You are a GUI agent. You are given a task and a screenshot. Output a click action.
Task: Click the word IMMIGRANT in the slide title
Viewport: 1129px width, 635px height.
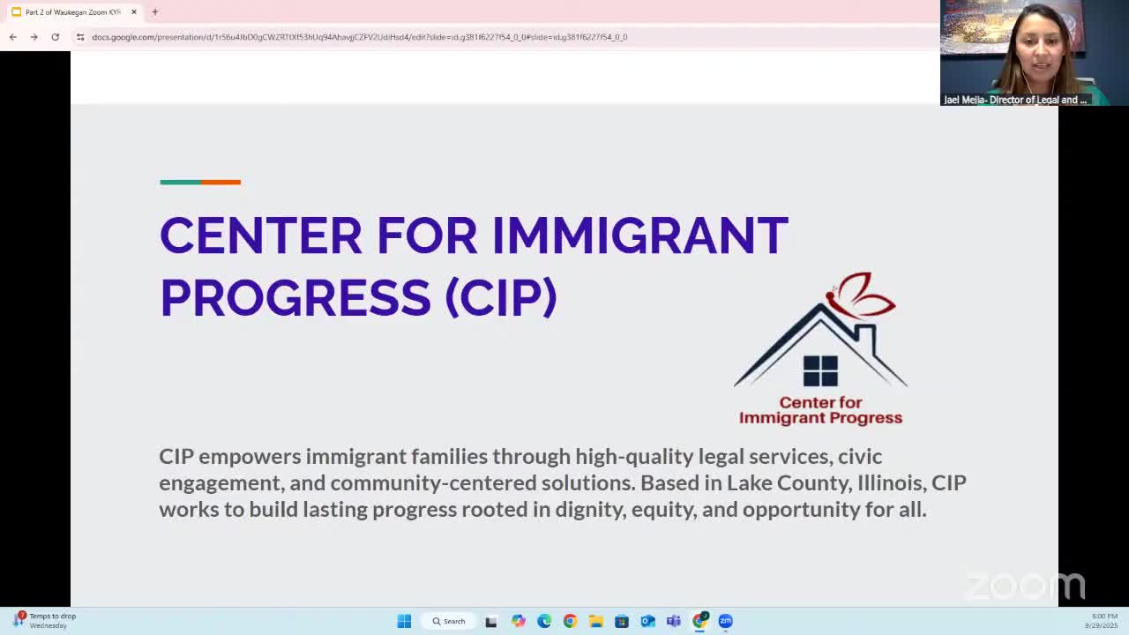click(x=639, y=235)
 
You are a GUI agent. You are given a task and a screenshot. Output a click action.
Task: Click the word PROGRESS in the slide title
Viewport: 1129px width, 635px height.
click(x=295, y=297)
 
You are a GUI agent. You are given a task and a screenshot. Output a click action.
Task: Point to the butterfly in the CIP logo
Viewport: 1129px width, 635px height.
click(x=862, y=295)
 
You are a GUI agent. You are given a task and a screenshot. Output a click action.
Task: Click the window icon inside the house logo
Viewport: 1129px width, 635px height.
click(x=820, y=370)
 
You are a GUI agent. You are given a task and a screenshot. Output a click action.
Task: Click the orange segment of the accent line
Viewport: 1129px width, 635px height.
click(x=221, y=183)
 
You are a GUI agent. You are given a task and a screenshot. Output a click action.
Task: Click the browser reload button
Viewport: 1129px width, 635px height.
click(x=55, y=37)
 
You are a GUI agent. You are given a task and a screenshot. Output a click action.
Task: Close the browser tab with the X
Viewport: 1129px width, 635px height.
click(x=134, y=12)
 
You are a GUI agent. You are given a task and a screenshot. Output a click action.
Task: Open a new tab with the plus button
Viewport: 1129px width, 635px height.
click(x=154, y=12)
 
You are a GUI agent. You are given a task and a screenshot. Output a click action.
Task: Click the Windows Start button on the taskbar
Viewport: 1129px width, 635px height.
click(x=404, y=621)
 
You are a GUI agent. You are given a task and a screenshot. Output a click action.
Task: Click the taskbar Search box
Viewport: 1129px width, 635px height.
click(x=449, y=621)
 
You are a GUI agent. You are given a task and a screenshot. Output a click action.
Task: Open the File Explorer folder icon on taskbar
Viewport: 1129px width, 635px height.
click(x=596, y=621)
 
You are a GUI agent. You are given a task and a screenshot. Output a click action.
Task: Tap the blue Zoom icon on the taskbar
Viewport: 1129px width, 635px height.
click(x=725, y=621)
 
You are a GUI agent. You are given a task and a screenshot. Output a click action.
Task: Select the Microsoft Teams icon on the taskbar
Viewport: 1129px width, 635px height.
click(x=674, y=621)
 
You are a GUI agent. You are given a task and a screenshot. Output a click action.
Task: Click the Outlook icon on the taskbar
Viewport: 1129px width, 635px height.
click(x=647, y=621)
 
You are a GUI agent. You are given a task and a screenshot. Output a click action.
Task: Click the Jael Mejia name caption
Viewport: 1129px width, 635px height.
click(x=1015, y=100)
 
